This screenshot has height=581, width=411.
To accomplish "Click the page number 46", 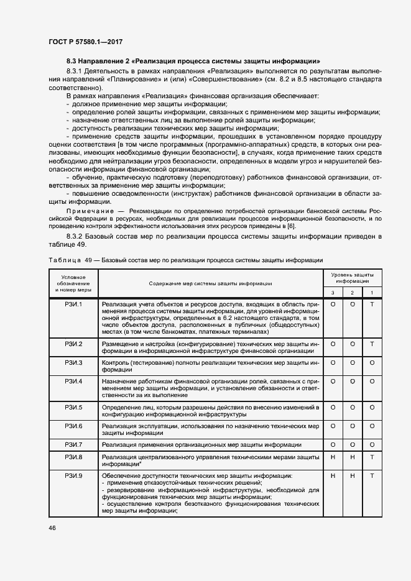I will click(x=51, y=528).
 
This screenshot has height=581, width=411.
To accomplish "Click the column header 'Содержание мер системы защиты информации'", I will click(x=210, y=283).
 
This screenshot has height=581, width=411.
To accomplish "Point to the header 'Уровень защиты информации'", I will click(x=352, y=277).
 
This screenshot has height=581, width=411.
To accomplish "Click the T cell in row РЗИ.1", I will click(x=372, y=304).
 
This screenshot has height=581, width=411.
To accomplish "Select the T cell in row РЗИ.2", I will click(x=372, y=344).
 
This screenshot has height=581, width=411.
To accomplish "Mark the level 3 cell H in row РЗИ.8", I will click(x=333, y=457).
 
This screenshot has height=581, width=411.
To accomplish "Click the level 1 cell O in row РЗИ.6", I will click(x=372, y=426).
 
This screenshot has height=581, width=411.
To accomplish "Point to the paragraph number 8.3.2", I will click(x=76, y=237).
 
